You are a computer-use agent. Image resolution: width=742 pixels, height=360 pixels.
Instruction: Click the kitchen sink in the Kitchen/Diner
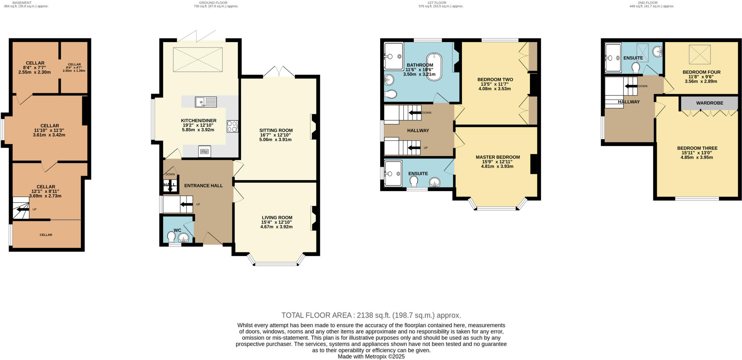pyautogui.click(x=206, y=102)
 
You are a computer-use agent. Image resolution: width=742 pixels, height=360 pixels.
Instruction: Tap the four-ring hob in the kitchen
pyautogui.click(x=232, y=126)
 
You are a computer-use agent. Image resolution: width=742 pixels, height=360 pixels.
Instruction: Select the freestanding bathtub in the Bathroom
pyautogui.click(x=434, y=67)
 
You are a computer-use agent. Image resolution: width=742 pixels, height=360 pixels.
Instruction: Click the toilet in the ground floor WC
pyautogui.click(x=172, y=237)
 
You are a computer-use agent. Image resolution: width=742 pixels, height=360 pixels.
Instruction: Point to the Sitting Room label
pyautogui.click(x=276, y=130)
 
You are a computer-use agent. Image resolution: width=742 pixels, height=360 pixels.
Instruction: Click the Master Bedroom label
pyautogui.click(x=497, y=157)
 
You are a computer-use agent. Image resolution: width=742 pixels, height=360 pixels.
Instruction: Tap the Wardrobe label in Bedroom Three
pyautogui.click(x=709, y=103)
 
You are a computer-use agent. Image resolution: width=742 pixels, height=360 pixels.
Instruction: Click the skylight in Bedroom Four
pyautogui.click(x=699, y=54)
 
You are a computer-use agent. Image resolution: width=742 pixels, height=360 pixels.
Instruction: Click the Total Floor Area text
pyautogui.click(x=371, y=315)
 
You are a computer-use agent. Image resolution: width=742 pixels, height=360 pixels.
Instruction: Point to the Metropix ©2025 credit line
pyautogui.click(x=371, y=356)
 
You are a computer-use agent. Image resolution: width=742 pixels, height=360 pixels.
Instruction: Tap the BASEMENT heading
pyautogui.click(x=22, y=3)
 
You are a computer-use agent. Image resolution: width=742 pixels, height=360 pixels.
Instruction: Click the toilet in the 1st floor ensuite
pyautogui.click(x=414, y=180)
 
